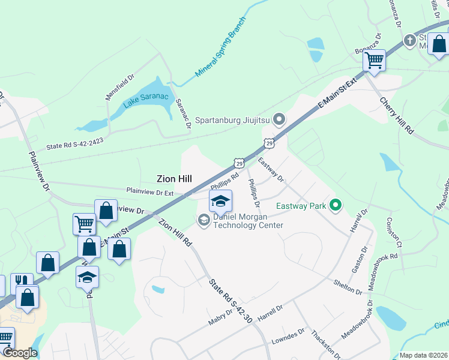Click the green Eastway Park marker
(336, 206)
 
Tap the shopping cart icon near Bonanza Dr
(375, 59)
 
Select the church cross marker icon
(410, 41)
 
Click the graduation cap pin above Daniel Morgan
(220, 200)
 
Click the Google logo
(20, 353)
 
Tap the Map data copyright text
(423, 355)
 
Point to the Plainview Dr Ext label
(149, 191)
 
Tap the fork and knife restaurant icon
(22, 281)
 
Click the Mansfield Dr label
(119, 87)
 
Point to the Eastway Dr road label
(271, 170)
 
